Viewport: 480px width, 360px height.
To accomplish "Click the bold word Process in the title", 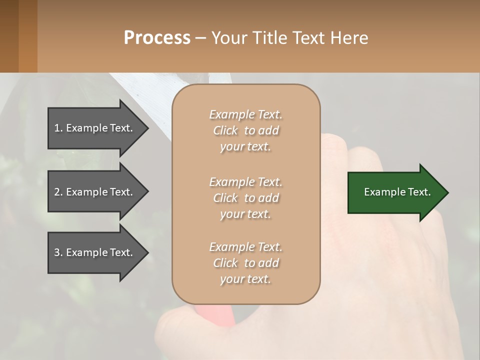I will click(x=157, y=38).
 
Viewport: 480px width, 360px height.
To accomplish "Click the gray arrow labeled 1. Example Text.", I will click(x=95, y=128).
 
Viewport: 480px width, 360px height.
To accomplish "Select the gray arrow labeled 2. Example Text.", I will click(x=95, y=192).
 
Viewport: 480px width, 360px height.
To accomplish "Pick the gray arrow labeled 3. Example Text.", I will click(x=95, y=252).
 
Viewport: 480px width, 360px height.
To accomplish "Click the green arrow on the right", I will click(x=395, y=192).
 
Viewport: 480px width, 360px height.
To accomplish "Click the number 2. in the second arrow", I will click(x=58, y=192).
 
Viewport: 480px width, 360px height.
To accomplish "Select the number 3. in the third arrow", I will click(x=58, y=252).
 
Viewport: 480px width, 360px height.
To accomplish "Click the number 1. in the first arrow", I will click(x=58, y=128).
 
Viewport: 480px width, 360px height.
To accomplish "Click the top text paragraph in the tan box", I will click(x=245, y=130).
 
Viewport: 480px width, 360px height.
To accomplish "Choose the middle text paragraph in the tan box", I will click(x=245, y=198).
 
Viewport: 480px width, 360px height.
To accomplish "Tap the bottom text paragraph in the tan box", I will click(x=245, y=263).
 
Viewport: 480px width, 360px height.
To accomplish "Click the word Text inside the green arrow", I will click(x=419, y=192).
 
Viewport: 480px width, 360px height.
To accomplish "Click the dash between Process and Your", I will click(x=200, y=38).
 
